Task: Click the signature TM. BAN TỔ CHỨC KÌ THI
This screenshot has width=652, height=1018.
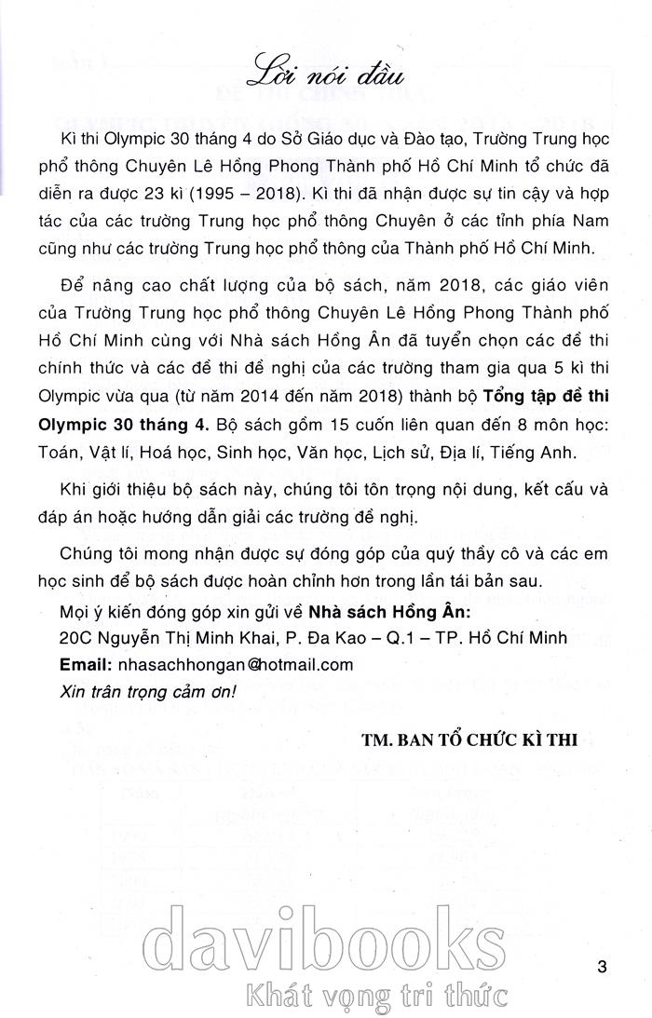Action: [469, 740]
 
